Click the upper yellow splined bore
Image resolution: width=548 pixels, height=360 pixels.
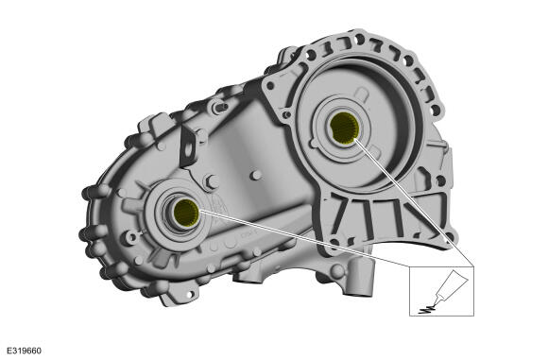[344, 129]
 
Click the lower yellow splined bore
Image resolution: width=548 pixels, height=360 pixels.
[186, 213]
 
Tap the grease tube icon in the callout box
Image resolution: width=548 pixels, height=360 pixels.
[449, 286]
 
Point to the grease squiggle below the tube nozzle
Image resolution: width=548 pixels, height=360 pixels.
[426, 309]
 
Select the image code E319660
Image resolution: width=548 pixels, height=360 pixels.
[25, 351]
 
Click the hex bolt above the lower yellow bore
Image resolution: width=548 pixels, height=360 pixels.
[212, 182]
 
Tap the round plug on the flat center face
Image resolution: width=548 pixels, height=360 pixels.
[257, 175]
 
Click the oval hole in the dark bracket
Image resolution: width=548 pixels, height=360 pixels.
[188, 149]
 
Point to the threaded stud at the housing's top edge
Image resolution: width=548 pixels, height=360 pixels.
[219, 107]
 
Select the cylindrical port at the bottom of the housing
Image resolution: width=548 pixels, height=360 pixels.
[360, 278]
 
